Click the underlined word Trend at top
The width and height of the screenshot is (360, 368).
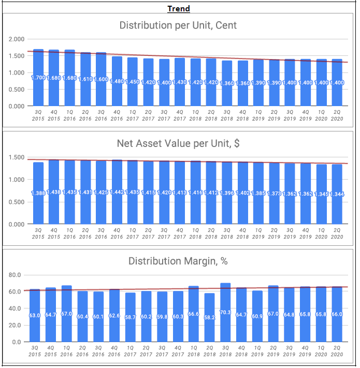pyautogui.click(x=179, y=9)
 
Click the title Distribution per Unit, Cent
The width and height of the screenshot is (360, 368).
pyautogui.click(x=179, y=25)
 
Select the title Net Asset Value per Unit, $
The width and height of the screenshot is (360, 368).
pyautogui.click(x=179, y=143)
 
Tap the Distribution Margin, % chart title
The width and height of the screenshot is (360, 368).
pyautogui.click(x=179, y=261)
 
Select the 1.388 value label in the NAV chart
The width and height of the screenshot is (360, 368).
pyautogui.click(x=38, y=193)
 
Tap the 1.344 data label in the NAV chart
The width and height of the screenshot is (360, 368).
pyautogui.click(x=337, y=194)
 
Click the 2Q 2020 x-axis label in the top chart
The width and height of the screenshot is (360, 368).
pyautogui.click(x=337, y=115)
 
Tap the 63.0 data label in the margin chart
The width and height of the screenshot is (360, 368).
pyautogui.click(x=35, y=315)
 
